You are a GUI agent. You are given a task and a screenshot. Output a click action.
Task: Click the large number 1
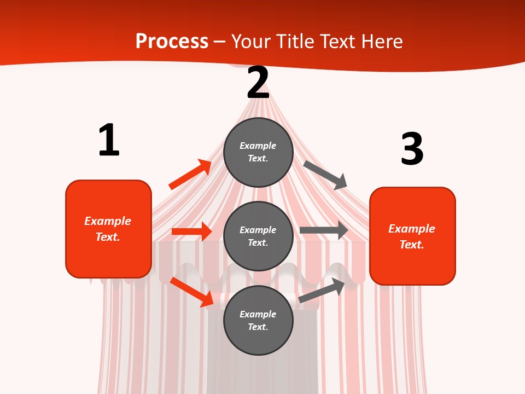coord(109,140)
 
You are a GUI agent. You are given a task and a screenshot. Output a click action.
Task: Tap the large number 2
coord(258,83)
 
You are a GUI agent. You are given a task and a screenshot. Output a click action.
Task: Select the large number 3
coord(412,149)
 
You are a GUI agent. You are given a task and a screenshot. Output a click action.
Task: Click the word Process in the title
coord(172,41)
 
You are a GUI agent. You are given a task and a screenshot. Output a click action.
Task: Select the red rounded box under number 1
coord(108,229)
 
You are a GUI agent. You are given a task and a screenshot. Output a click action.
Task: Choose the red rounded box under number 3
coord(412,236)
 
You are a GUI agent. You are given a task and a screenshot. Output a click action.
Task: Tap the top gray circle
coord(258,152)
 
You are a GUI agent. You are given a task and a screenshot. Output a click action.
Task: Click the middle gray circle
coord(258,236)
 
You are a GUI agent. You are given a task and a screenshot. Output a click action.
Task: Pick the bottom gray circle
coord(258,320)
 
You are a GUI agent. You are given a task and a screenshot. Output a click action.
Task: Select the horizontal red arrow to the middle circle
coord(191,231)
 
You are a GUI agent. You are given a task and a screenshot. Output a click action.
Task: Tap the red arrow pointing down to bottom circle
coord(192,292)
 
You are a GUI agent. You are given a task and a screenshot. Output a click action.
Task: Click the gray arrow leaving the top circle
coord(325,175)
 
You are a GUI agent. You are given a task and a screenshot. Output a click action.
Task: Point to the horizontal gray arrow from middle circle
coord(323,230)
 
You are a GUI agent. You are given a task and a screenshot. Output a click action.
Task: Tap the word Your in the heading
coord(251,41)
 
